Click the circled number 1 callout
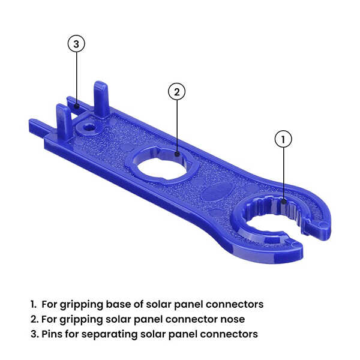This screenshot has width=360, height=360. pyautogui.click(x=283, y=139)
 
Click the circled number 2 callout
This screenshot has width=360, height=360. pyautogui.click(x=176, y=92)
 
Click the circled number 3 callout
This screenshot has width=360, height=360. pyautogui.click(x=76, y=44)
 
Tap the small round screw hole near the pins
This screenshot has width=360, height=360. pyautogui.click(x=89, y=127)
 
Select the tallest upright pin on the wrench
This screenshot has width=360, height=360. pyautogui.click(x=101, y=98)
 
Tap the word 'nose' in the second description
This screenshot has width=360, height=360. pyautogui.click(x=233, y=319)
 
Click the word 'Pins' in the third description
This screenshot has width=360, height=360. pyautogui.click(x=52, y=334)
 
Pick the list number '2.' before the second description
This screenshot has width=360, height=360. pyautogui.click(x=34, y=319)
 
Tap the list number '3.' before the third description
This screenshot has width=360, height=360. pyautogui.click(x=34, y=334)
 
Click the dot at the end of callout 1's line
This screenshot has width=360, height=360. pyautogui.click(x=283, y=202)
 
